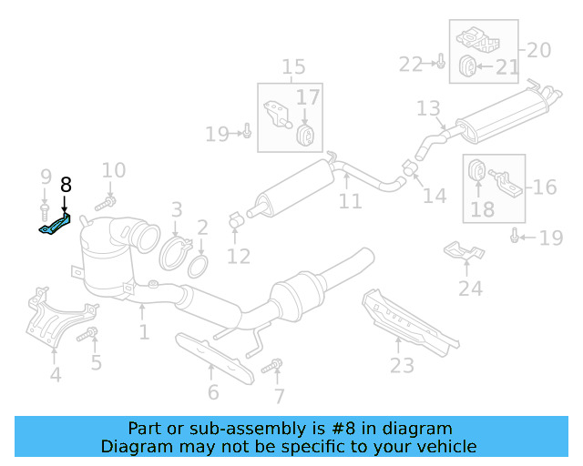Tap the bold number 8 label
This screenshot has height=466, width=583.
pos(66,185)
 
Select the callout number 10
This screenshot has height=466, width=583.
pos(113,170)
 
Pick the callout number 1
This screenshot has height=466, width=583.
pos(144,332)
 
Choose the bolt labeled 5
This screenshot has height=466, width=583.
pos(88,336)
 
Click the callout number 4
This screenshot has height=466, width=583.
pos(56,374)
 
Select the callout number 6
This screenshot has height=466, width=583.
pos(212,392)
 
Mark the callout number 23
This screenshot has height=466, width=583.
pos(402,365)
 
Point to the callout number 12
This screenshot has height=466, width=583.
pos(238,257)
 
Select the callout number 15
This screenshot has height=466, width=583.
pos(293,66)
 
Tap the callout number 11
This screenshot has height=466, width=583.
pos(351,200)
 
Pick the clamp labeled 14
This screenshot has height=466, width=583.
pos(409,168)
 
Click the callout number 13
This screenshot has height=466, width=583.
pos(428,109)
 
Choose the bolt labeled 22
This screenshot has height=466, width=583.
pos(438,63)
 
